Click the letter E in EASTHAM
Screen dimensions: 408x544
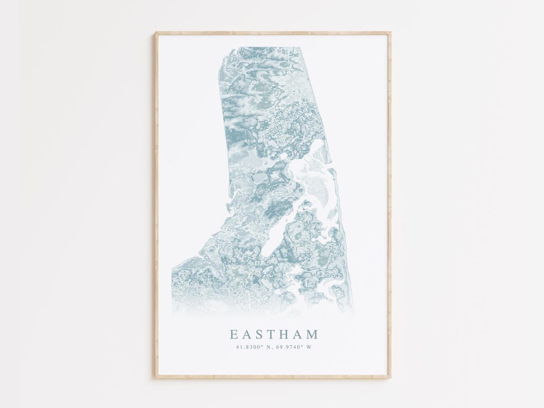coord(234,334)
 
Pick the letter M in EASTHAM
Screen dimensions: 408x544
coord(313,334)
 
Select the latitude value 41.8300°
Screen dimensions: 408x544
coord(248,347)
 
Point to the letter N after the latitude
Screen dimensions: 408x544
coord(266,347)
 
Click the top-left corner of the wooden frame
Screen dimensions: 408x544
coord(156,33)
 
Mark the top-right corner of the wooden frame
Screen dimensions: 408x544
coord(390,33)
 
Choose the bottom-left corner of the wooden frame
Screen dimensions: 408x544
coord(156,377)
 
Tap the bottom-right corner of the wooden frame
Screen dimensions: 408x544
coord(390,377)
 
